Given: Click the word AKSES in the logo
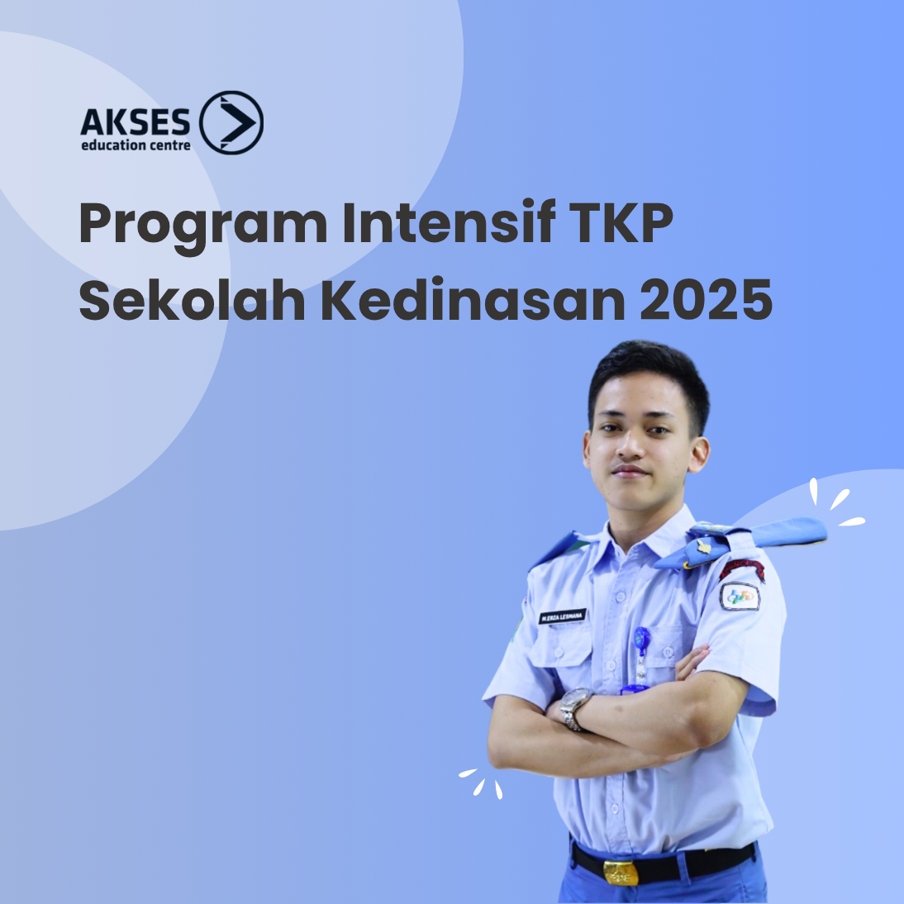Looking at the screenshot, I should [x=136, y=123].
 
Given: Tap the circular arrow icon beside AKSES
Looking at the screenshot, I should [x=231, y=123].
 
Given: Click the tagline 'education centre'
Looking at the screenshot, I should [x=136, y=146].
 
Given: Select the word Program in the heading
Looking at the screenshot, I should [x=203, y=224].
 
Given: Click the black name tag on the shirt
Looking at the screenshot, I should [x=562, y=616].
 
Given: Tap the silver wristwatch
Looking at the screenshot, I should [x=573, y=707].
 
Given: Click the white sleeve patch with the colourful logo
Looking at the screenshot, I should [x=740, y=596].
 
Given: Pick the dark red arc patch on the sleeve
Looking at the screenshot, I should [x=741, y=569].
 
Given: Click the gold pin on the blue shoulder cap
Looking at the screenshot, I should [x=704, y=546].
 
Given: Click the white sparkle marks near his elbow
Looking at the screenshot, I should [x=483, y=782].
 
